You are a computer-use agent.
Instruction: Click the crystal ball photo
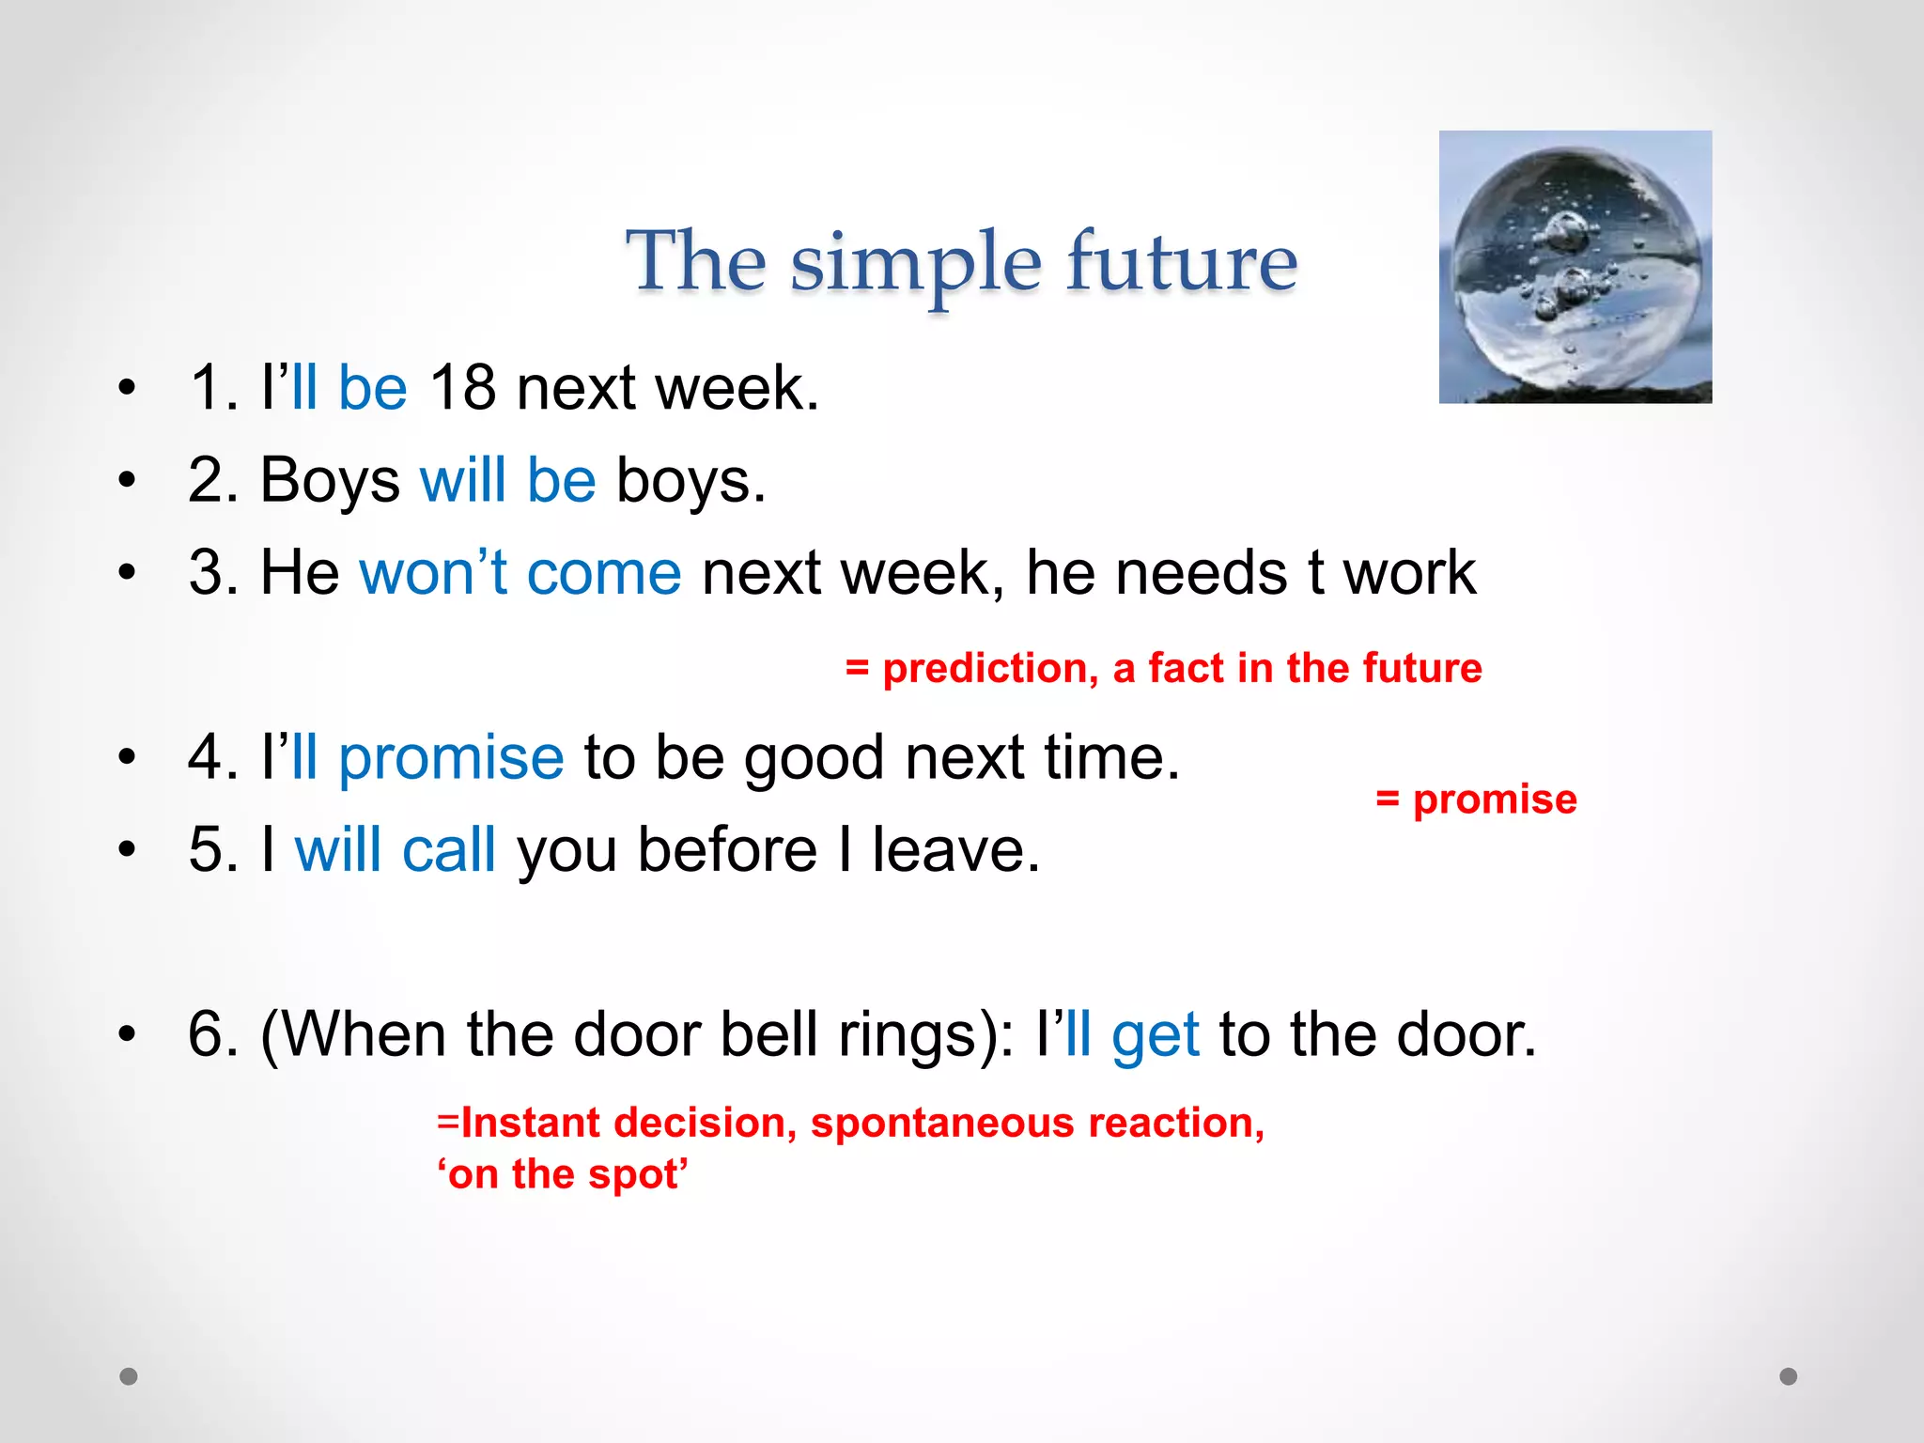[x=1575, y=267]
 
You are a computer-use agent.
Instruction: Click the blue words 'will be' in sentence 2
[x=507, y=480]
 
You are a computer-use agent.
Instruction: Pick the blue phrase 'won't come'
[x=520, y=572]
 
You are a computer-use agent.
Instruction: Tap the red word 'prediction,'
[x=990, y=669]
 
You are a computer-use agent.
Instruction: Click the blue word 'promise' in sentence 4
[x=451, y=757]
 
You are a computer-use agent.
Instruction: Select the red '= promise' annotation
[x=1476, y=799]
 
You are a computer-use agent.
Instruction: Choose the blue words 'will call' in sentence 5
[x=395, y=849]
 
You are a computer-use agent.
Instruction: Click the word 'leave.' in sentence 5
[x=955, y=849]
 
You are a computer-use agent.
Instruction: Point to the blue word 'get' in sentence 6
[x=1155, y=1034]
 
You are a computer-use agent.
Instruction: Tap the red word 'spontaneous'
[x=942, y=1124]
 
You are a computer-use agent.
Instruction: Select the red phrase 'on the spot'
[x=563, y=1174]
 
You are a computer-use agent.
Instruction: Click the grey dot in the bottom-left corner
[x=129, y=1376]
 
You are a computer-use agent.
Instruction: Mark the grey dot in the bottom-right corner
[x=1788, y=1376]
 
